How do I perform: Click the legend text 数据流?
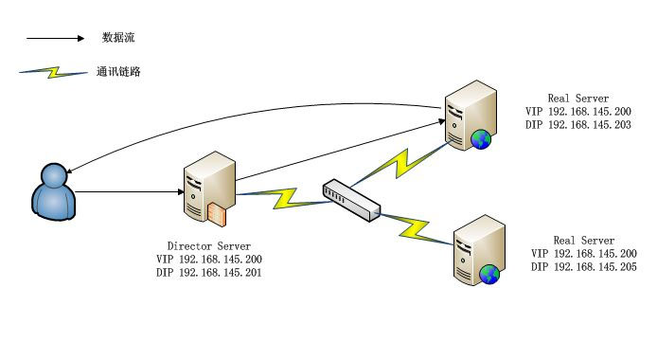pos(119,38)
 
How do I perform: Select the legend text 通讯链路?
pos(119,71)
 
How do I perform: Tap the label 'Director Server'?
pos(209,245)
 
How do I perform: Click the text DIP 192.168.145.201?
pos(209,272)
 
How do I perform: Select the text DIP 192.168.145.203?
pos(577,124)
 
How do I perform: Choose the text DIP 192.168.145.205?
pos(583,266)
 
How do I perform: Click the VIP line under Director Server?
pos(209,259)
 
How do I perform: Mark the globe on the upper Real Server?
pos(483,140)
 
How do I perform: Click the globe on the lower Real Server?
pos(489,275)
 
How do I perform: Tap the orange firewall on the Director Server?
pos(219,215)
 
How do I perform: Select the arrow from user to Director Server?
pos(128,193)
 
